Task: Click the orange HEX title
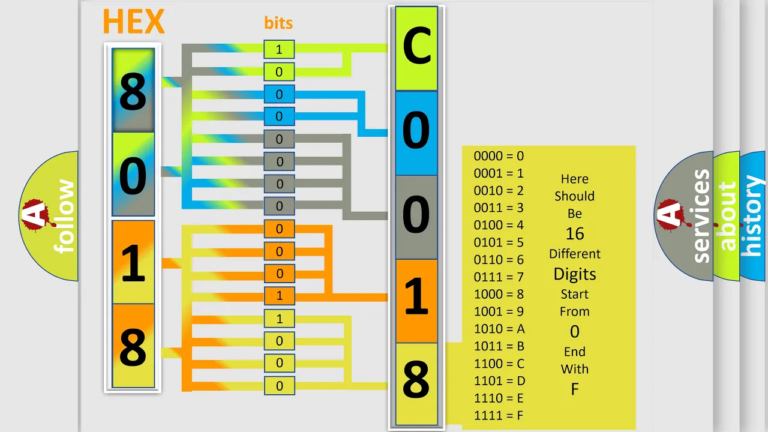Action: point(134,21)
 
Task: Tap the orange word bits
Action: point(278,23)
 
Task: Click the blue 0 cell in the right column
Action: point(416,133)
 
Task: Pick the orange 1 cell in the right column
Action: point(416,301)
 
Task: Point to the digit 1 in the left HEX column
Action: point(133,263)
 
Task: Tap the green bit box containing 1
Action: point(279,49)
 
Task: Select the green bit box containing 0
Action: point(279,71)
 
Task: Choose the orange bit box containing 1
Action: point(279,296)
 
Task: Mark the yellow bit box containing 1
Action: point(279,319)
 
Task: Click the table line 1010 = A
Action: point(499,329)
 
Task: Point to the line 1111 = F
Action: point(499,416)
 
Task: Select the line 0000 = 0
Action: point(499,156)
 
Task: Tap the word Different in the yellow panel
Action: point(575,254)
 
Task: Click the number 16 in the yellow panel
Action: point(575,234)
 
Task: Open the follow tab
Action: point(49,216)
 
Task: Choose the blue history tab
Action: point(754,216)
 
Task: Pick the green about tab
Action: point(727,216)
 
